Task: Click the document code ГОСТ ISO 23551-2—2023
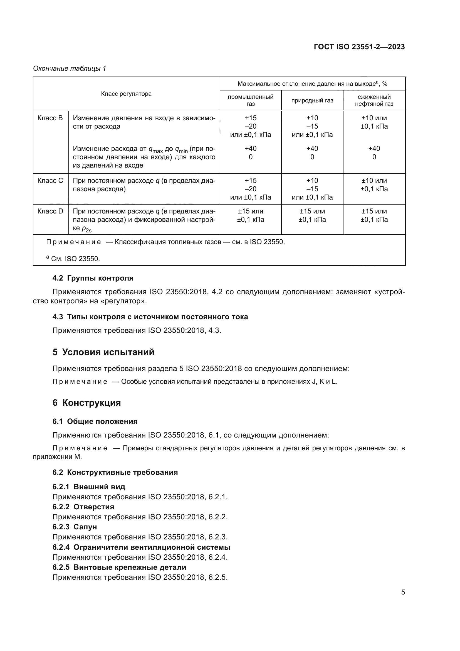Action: click(x=359, y=47)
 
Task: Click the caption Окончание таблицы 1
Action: click(x=70, y=68)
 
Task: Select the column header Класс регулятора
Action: click(x=126, y=94)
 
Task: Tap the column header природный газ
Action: click(x=312, y=100)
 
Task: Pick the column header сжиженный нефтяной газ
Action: click(x=374, y=100)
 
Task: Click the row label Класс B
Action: click(x=50, y=118)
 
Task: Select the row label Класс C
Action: click(x=50, y=181)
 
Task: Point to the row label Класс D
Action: click(x=50, y=211)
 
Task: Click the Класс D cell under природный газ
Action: click(x=312, y=215)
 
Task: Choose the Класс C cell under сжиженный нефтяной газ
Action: click(x=374, y=185)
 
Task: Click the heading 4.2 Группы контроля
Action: click(x=93, y=278)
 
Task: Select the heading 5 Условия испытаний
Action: click(x=103, y=352)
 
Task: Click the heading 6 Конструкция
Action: click(x=86, y=403)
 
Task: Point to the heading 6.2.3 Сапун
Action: click(x=75, y=527)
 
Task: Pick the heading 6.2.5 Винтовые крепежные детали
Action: click(x=119, y=567)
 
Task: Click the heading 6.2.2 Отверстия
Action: click(x=83, y=507)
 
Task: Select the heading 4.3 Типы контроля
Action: click(x=150, y=317)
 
